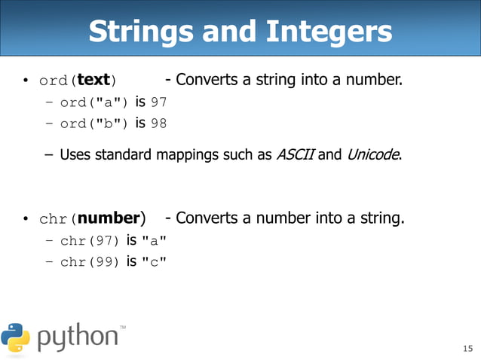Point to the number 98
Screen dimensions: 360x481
point(158,123)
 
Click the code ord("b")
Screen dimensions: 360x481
point(96,124)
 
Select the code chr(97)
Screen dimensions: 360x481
point(90,242)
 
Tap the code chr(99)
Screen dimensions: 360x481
point(90,262)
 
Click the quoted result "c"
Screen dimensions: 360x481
point(154,262)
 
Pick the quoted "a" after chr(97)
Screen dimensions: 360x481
point(154,242)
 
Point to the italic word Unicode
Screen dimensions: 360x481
point(373,156)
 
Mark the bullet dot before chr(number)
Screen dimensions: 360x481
point(25,220)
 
